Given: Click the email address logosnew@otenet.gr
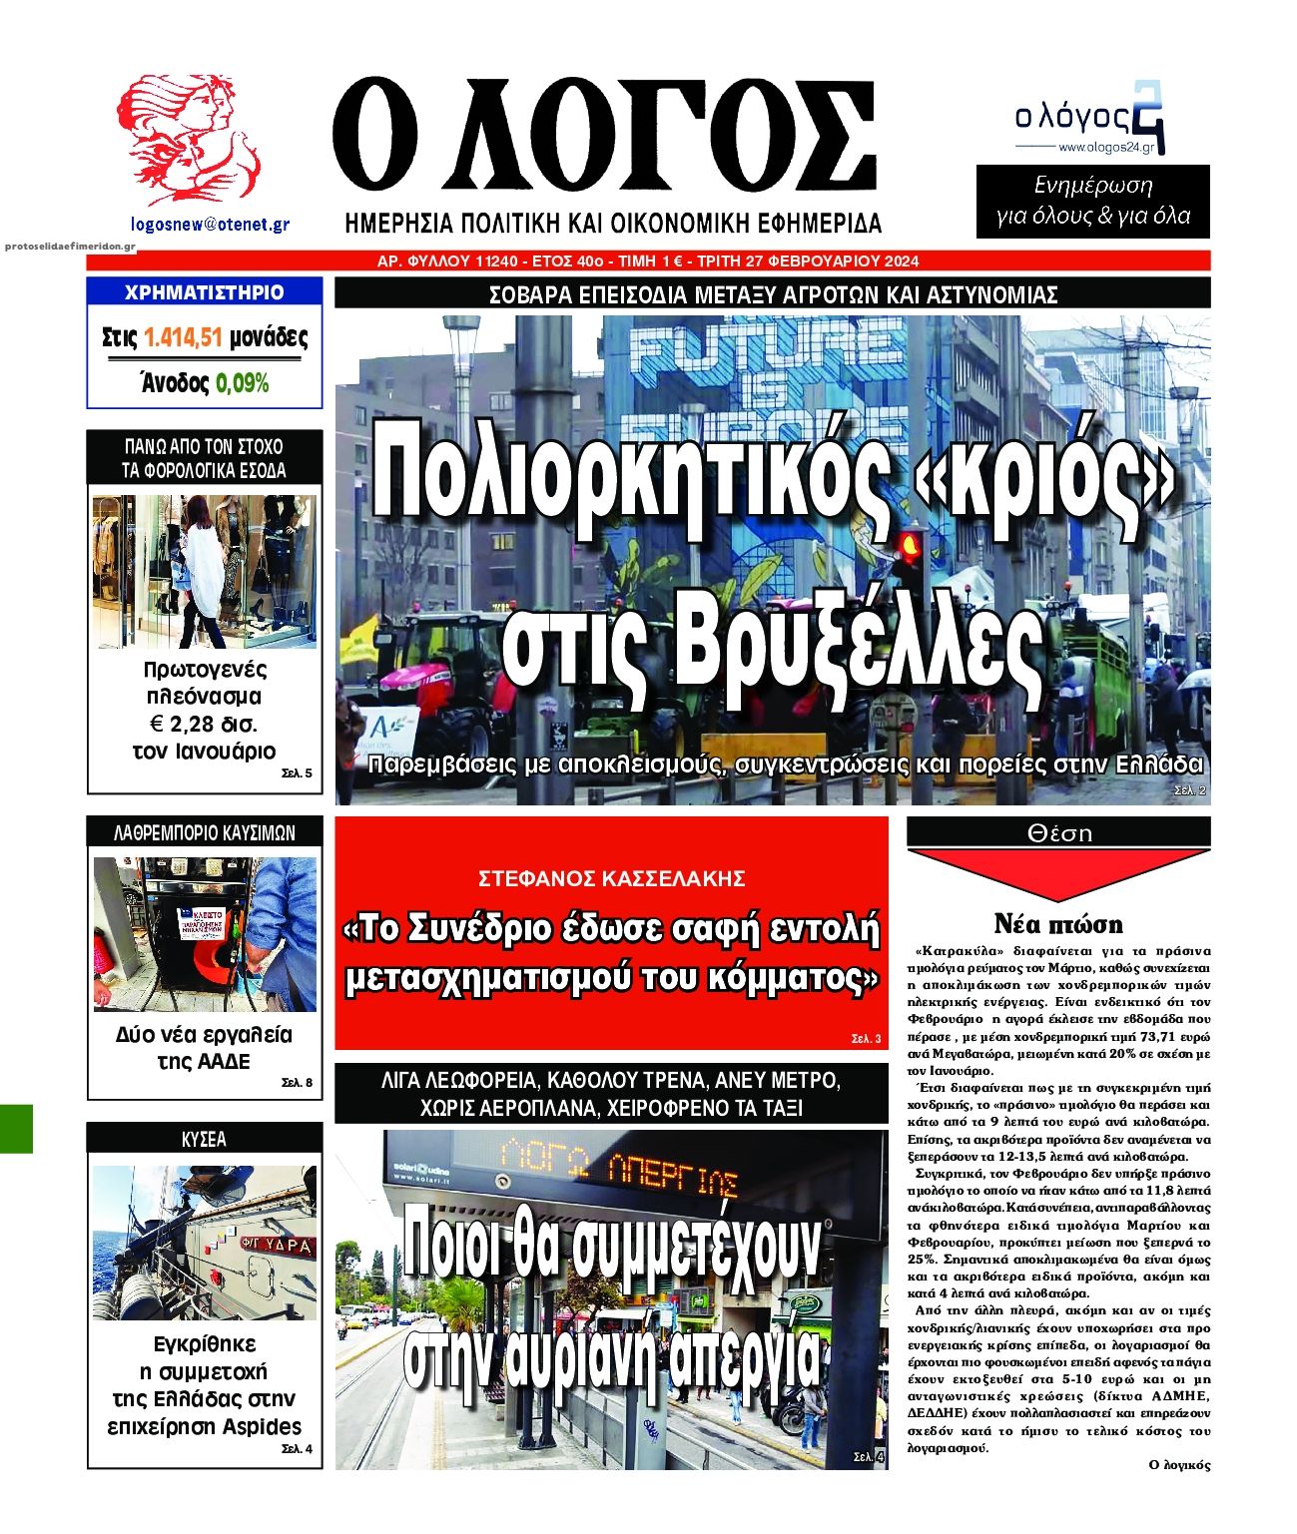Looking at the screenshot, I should [210, 226].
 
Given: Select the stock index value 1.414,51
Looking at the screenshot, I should [182, 338].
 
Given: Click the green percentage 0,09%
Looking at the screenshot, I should [243, 383].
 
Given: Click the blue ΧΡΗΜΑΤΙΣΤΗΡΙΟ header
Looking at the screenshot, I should [204, 292].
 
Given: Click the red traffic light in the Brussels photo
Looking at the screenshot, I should [910, 545].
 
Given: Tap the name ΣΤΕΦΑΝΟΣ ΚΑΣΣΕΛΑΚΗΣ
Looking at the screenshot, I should [612, 879].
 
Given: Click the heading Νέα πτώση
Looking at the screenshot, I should [1058, 923].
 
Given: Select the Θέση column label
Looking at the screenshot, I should [1059, 832].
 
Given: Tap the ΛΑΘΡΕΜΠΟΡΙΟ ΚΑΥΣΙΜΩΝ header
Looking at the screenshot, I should [205, 832].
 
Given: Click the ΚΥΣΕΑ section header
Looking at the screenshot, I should [205, 1139].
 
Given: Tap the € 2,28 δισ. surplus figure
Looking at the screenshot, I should [203, 724].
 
